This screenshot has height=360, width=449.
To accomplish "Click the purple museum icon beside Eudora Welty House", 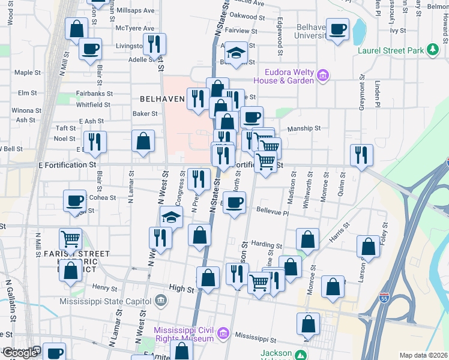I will click(323, 76).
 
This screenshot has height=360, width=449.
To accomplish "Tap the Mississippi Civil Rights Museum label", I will click(184, 334).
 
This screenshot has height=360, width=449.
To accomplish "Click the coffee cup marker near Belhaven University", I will click(337, 29).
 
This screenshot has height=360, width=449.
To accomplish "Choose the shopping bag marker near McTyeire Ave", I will click(77, 29).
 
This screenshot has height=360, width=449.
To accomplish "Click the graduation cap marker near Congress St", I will click(171, 218).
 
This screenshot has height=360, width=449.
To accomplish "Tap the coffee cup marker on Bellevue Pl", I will click(235, 202).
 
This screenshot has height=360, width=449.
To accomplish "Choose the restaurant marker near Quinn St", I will click(361, 155).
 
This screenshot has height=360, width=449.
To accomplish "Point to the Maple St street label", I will click(27, 73).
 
